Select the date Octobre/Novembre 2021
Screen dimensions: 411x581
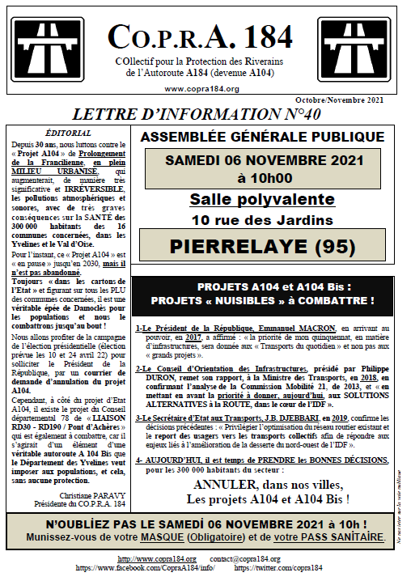(367, 100)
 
